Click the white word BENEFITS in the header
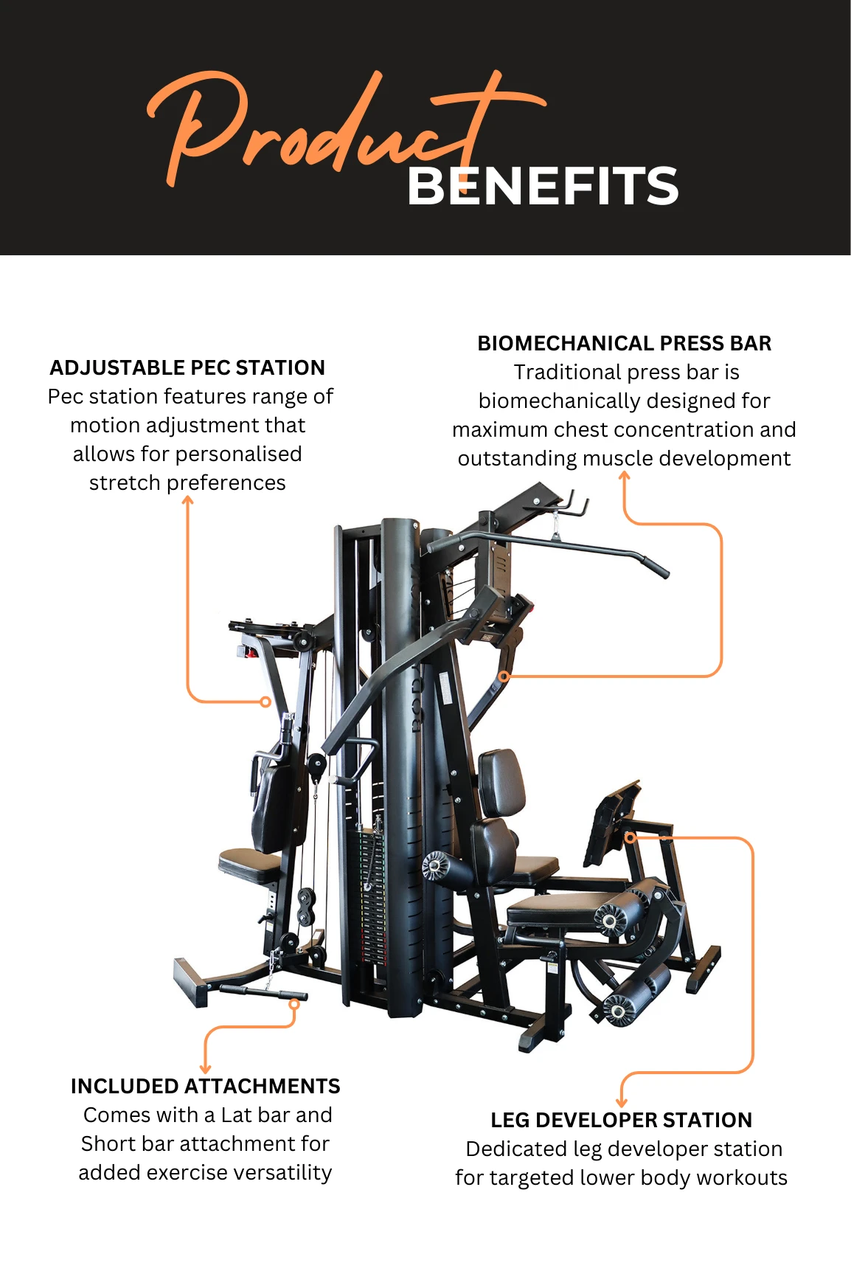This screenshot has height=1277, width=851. coord(542,186)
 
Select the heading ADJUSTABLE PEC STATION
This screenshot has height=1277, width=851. coord(187,367)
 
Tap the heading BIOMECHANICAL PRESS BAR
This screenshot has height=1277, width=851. coord(624,343)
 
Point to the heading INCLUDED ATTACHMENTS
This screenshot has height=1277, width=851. coord(205,1086)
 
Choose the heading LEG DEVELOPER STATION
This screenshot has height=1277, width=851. coord(621,1120)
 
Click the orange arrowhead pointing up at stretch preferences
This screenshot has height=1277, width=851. coord(188,501)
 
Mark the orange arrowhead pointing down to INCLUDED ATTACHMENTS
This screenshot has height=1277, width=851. coord(206,1069)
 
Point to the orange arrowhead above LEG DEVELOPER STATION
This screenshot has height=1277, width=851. coord(622,1101)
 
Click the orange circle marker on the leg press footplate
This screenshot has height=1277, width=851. coord(630,837)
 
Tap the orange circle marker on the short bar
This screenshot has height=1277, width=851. coord(293,1004)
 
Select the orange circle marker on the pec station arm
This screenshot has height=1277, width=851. coord(265,702)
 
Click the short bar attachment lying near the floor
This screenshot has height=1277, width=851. coord(262,991)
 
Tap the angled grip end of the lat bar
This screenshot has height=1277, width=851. coord(654,567)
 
